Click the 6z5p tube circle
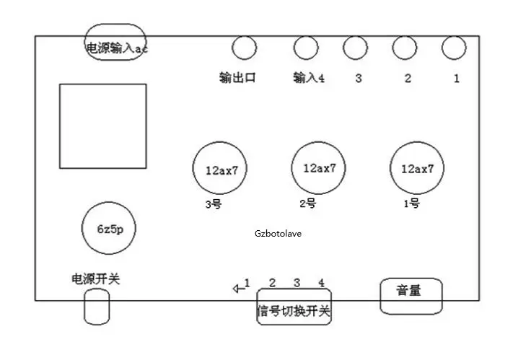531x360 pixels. (82, 228)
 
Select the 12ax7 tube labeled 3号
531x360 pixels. (193, 168)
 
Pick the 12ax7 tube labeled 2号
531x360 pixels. (292, 168)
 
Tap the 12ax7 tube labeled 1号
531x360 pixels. (390, 168)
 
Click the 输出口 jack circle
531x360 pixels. (232, 48)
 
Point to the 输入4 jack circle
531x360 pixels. (294, 48)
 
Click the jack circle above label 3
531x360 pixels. (343, 48)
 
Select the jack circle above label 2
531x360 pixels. (392, 48)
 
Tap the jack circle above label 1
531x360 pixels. (442, 48)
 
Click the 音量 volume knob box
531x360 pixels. (381, 297)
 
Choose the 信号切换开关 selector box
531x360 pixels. (258, 307)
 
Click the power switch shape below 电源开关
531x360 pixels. (84, 307)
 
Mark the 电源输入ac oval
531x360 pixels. (85, 42)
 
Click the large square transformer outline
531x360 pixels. (60, 126)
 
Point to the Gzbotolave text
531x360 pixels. (278, 234)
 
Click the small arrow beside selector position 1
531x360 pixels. (239, 289)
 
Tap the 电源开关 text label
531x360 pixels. (96, 279)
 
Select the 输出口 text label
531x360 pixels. (237, 78)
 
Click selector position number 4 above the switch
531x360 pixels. (321, 283)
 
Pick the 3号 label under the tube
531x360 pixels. (214, 204)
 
